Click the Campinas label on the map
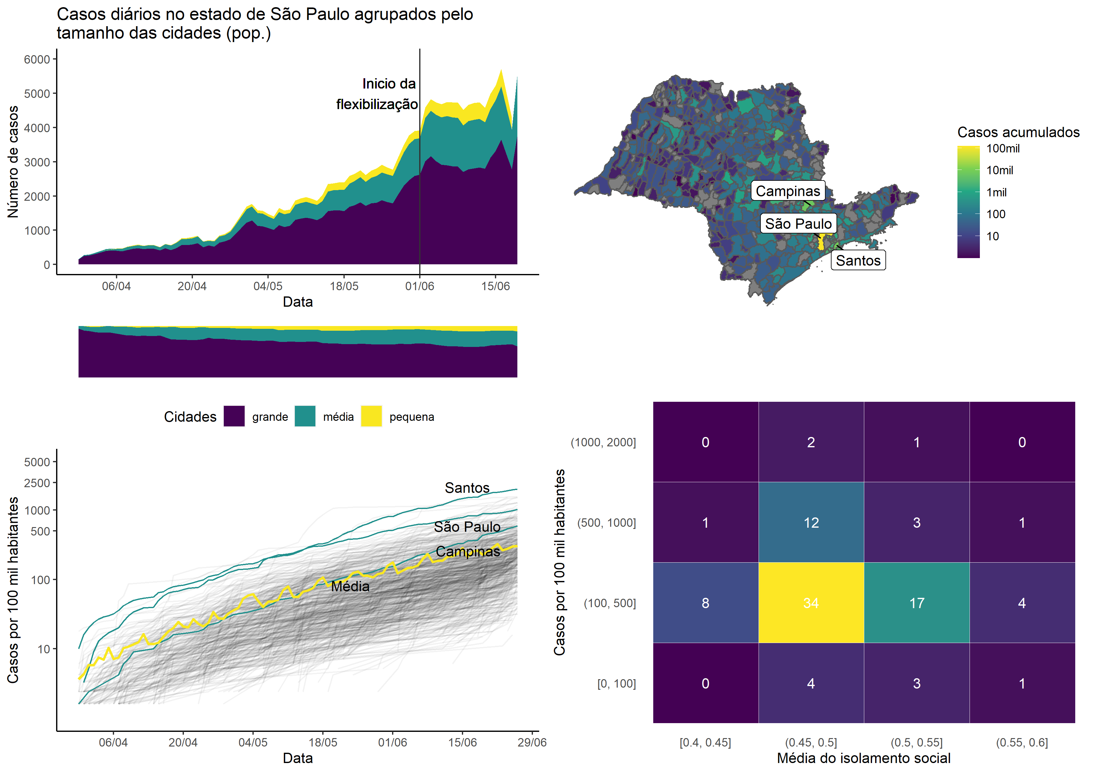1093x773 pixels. (x=788, y=191)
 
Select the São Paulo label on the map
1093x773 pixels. (x=798, y=224)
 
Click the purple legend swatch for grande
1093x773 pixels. (x=234, y=416)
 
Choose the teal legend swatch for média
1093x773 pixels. (x=305, y=416)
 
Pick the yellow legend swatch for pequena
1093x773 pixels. (x=371, y=416)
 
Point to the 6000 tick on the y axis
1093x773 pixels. (x=37, y=60)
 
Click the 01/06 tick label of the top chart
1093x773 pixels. (x=419, y=286)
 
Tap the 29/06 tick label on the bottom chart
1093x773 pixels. (x=532, y=742)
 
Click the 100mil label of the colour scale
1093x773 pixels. (x=1003, y=148)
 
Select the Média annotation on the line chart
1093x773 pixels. (x=350, y=586)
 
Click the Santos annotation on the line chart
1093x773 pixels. (x=467, y=488)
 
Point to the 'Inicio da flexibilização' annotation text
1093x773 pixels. (x=377, y=94)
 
